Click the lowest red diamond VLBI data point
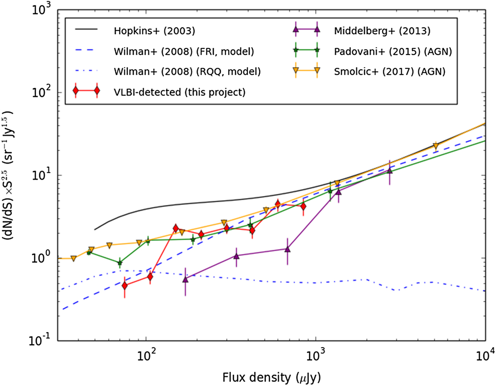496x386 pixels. pyautogui.click(x=124, y=285)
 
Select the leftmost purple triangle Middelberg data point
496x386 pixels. pyautogui.click(x=185, y=280)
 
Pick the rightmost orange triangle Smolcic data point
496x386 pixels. pyautogui.click(x=435, y=146)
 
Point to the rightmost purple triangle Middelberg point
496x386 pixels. pyautogui.click(x=389, y=171)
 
